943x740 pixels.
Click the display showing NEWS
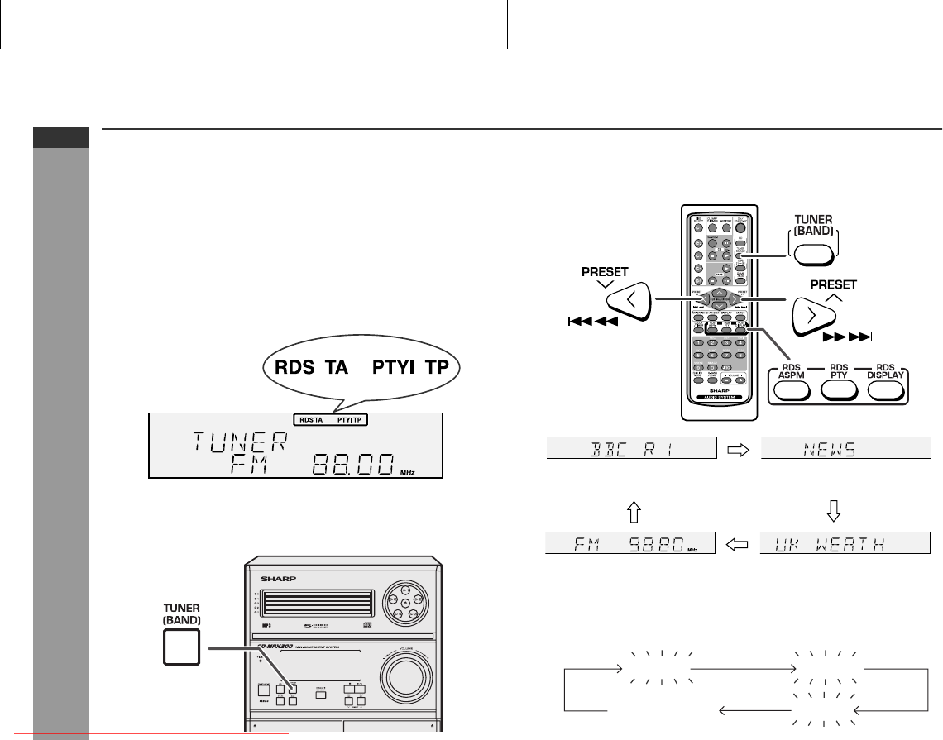click(x=845, y=449)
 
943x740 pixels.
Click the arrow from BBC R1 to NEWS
click(x=737, y=450)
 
